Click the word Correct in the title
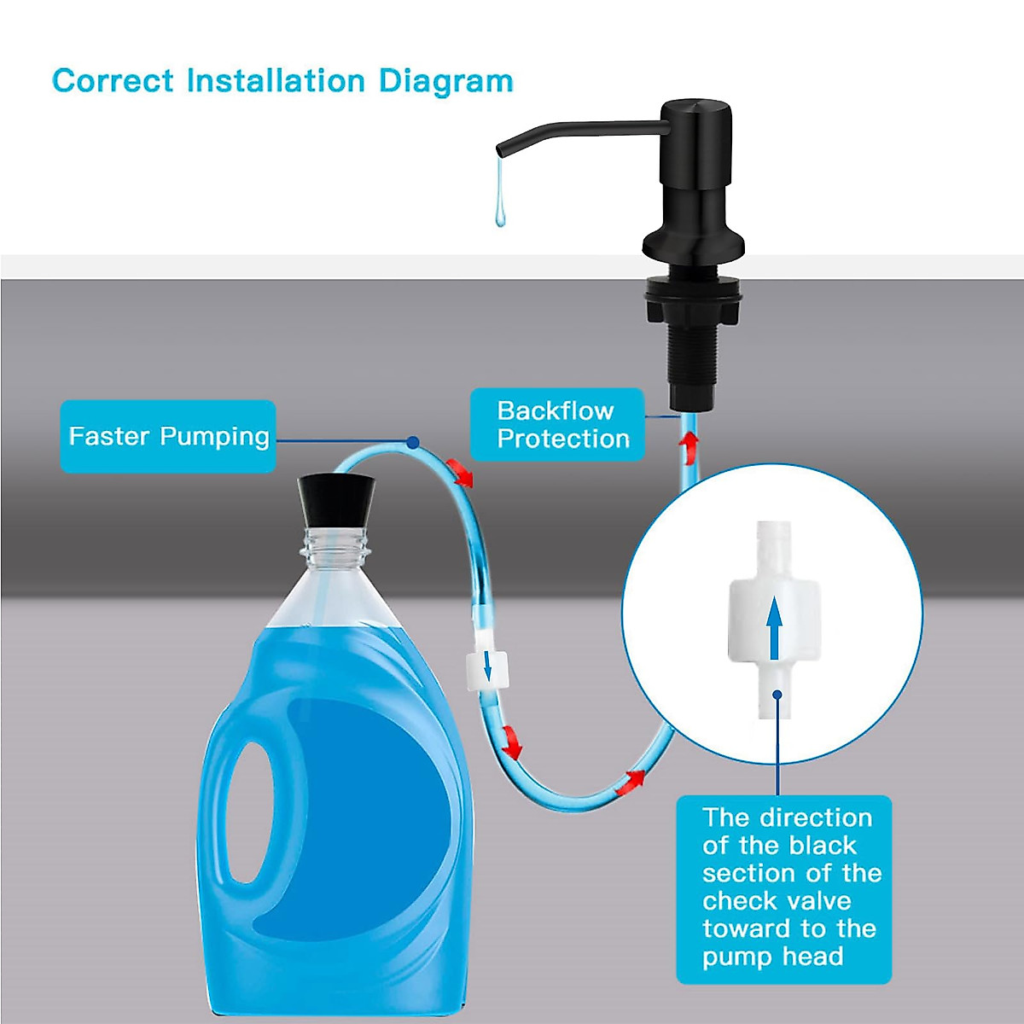pyautogui.click(x=113, y=81)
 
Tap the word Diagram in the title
pyautogui.click(x=445, y=82)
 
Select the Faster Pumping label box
pyautogui.click(x=168, y=436)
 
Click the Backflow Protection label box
pyautogui.click(x=556, y=425)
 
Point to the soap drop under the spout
pyautogui.click(x=499, y=209)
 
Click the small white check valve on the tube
pyautogui.click(x=487, y=668)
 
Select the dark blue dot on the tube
pyautogui.click(x=413, y=443)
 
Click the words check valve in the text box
pyautogui.click(x=777, y=901)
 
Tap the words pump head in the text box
pyautogui.click(x=772, y=957)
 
